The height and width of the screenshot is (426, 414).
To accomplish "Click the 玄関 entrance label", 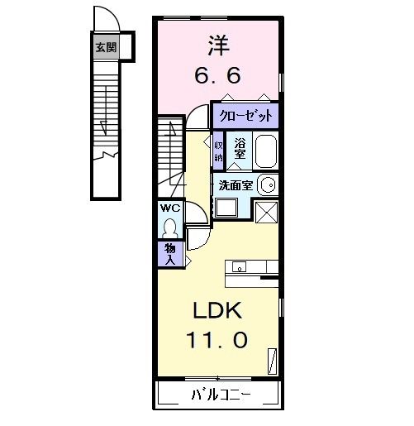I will [x=105, y=47].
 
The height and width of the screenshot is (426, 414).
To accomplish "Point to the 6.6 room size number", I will [x=217, y=75].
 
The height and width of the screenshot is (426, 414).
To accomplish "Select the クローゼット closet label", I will [x=245, y=115].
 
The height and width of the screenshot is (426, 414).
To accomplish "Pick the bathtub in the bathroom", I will [x=265, y=153].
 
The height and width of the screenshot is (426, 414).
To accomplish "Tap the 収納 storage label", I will [x=219, y=149].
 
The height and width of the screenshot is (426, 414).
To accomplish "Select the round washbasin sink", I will [x=266, y=184].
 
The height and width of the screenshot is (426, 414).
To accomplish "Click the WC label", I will [x=170, y=207].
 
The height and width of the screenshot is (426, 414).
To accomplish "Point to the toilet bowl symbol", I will [x=170, y=225].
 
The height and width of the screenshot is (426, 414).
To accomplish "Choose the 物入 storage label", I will [x=169, y=253].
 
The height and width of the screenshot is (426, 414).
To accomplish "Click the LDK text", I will [x=217, y=311].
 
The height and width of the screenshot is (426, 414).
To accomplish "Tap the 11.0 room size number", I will [x=217, y=339].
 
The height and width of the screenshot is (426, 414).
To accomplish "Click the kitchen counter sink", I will [x=240, y=267].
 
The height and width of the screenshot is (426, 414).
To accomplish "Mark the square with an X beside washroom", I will [x=266, y=212].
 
